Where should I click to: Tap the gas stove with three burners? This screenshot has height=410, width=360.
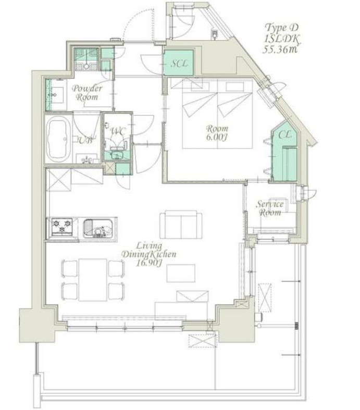62,227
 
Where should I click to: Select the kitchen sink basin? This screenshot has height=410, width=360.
97,229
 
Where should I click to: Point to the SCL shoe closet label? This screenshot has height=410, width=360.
179,63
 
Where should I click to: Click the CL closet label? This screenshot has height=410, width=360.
284,135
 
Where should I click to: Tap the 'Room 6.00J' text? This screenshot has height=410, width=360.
217,133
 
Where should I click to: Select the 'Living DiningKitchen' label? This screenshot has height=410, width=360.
149,250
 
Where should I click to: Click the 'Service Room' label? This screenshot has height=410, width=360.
270,208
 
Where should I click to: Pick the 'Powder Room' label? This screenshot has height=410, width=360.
87,93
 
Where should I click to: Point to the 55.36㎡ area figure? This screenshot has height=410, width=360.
280,49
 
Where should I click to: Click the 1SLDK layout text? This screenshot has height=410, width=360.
282,39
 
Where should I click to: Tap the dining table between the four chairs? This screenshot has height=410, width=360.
93,280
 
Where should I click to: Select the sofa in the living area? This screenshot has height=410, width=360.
181,225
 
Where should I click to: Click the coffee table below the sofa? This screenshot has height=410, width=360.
181,273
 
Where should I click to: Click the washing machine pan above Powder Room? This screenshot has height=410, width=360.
86,59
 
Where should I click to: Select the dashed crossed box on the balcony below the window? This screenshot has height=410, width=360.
203,341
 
